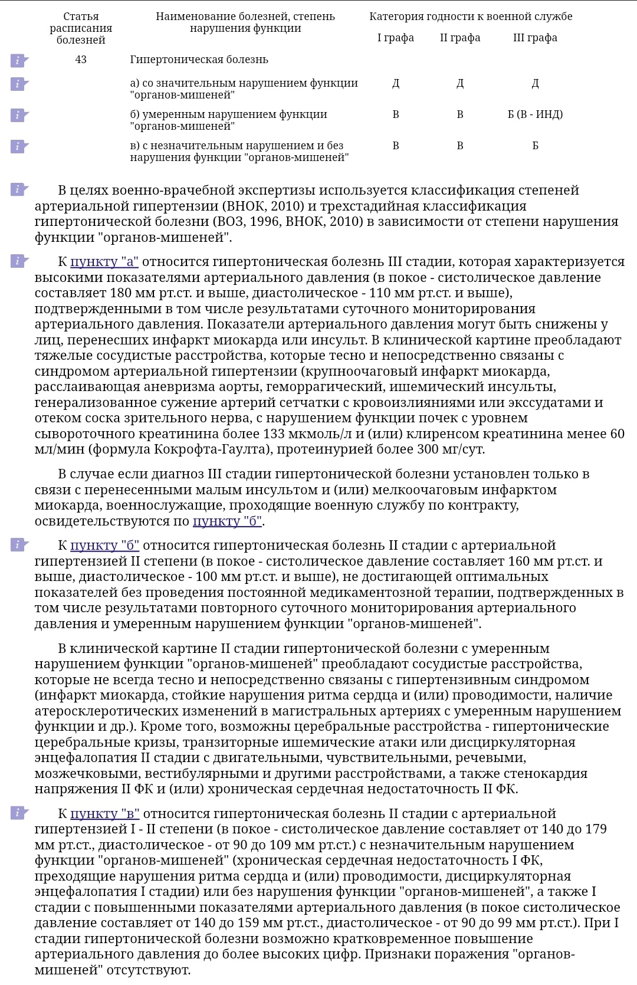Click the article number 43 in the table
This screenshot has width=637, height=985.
(81, 60)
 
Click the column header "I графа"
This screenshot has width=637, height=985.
(395, 38)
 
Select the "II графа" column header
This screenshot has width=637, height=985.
(460, 38)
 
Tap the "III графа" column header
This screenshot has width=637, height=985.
(535, 38)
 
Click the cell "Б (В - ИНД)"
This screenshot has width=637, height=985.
(535, 114)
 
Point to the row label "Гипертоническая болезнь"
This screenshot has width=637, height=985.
(199, 60)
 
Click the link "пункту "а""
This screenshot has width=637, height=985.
(104, 262)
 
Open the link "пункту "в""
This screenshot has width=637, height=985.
(104, 814)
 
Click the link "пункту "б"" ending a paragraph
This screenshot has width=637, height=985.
(227, 521)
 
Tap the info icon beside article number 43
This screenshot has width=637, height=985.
(19, 60)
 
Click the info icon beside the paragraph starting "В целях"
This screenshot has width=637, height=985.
(19, 189)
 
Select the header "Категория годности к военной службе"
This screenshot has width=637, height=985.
(471, 17)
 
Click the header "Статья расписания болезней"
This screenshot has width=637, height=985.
(81, 28)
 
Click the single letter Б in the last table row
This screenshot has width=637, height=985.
(535, 146)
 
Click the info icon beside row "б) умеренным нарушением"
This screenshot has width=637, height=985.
(19, 114)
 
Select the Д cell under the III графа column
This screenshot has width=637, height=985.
(535, 84)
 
